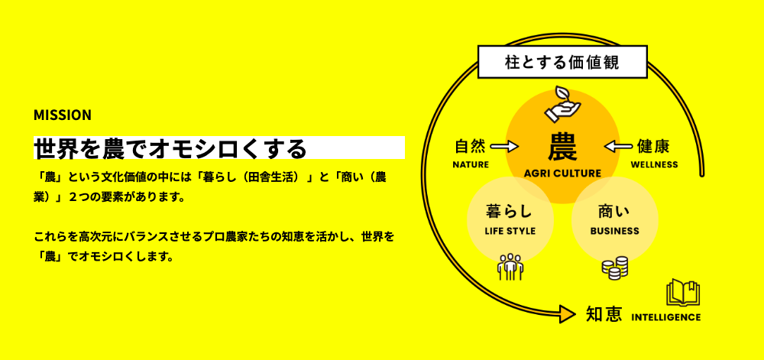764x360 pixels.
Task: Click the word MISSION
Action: pyautogui.click(x=63, y=115)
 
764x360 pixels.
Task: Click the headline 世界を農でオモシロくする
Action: pyautogui.click(x=170, y=147)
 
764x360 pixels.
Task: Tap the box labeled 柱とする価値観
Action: pyautogui.click(x=562, y=62)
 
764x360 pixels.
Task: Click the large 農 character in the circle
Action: pyautogui.click(x=562, y=146)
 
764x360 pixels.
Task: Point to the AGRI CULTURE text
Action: pyautogui.click(x=562, y=174)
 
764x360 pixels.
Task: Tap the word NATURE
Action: pyautogui.click(x=471, y=164)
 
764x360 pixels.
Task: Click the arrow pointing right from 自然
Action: pyautogui.click(x=504, y=146)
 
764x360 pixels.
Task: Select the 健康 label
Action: pyautogui.click(x=653, y=146)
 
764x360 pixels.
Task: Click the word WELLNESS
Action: pyautogui.click(x=654, y=164)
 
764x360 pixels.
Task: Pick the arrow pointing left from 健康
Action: pyautogui.click(x=620, y=146)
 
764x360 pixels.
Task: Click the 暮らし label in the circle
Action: pyautogui.click(x=509, y=211)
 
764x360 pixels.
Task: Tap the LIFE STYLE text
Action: pyautogui.click(x=510, y=231)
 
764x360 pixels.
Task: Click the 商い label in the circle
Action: pyautogui.click(x=615, y=211)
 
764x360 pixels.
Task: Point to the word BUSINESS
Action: pyautogui.click(x=615, y=231)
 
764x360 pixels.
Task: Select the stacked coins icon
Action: pyautogui.click(x=614, y=267)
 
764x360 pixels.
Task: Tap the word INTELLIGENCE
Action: pyautogui.click(x=666, y=316)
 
